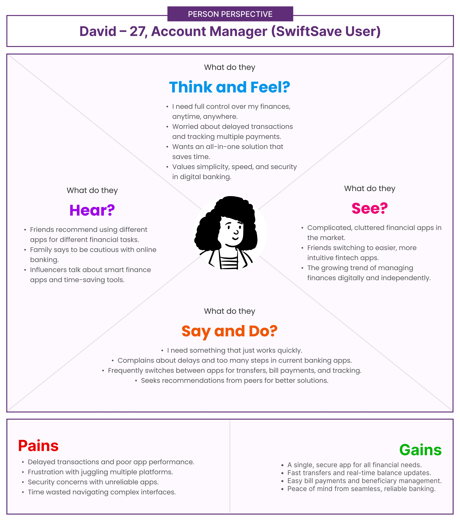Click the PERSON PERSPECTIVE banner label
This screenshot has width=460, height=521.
230,14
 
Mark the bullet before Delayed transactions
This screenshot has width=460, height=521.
23,462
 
